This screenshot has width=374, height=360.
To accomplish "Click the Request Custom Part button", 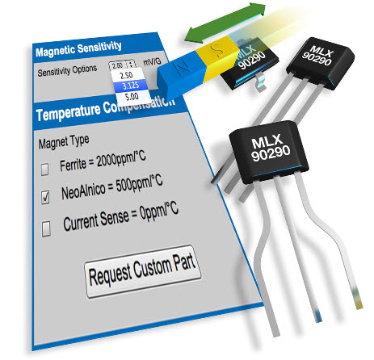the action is tap(143, 271).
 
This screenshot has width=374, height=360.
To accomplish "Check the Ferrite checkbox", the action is tap(44, 169).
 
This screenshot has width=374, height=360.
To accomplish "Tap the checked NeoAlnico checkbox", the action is tap(45, 197).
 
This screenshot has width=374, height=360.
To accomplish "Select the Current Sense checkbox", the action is tap(46, 228).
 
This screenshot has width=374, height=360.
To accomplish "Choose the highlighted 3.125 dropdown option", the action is tap(131, 86).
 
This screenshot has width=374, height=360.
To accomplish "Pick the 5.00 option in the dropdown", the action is tap(132, 96).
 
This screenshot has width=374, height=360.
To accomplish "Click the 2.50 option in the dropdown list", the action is tap(126, 75).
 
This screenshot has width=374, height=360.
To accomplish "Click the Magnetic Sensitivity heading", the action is tap(78, 49).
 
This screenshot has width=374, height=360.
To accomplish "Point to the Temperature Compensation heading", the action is tap(105, 109).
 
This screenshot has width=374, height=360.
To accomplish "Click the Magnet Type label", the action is tap(64, 141).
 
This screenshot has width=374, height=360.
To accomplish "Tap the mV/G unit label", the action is tap(152, 62).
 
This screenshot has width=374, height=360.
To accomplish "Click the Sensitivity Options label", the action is tap(67, 70).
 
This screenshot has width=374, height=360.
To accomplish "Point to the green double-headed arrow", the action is tap(225, 23).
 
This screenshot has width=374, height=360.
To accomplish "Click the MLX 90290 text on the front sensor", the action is tap(270, 149).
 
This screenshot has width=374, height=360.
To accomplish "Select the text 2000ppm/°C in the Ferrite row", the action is tap(121, 159).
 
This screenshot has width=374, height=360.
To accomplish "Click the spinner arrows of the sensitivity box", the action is tap(131, 65).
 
